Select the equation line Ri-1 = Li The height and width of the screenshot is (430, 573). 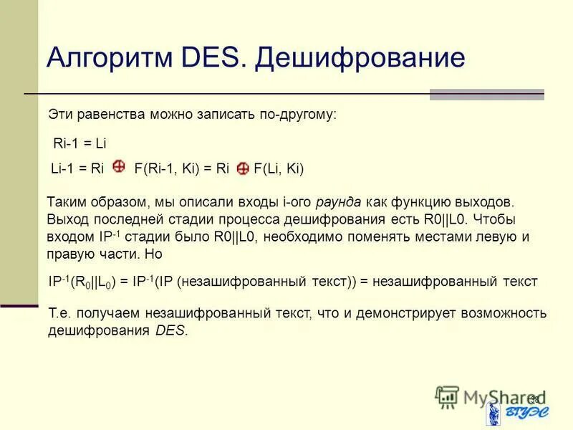[x=80, y=143]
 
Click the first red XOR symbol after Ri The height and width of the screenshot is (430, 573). [x=119, y=168]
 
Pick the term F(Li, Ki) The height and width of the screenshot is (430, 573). [x=279, y=169]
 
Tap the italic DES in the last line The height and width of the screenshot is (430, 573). [x=170, y=331]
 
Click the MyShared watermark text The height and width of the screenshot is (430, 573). [x=494, y=396]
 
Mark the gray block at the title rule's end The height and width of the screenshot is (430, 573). [x=486, y=94]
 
